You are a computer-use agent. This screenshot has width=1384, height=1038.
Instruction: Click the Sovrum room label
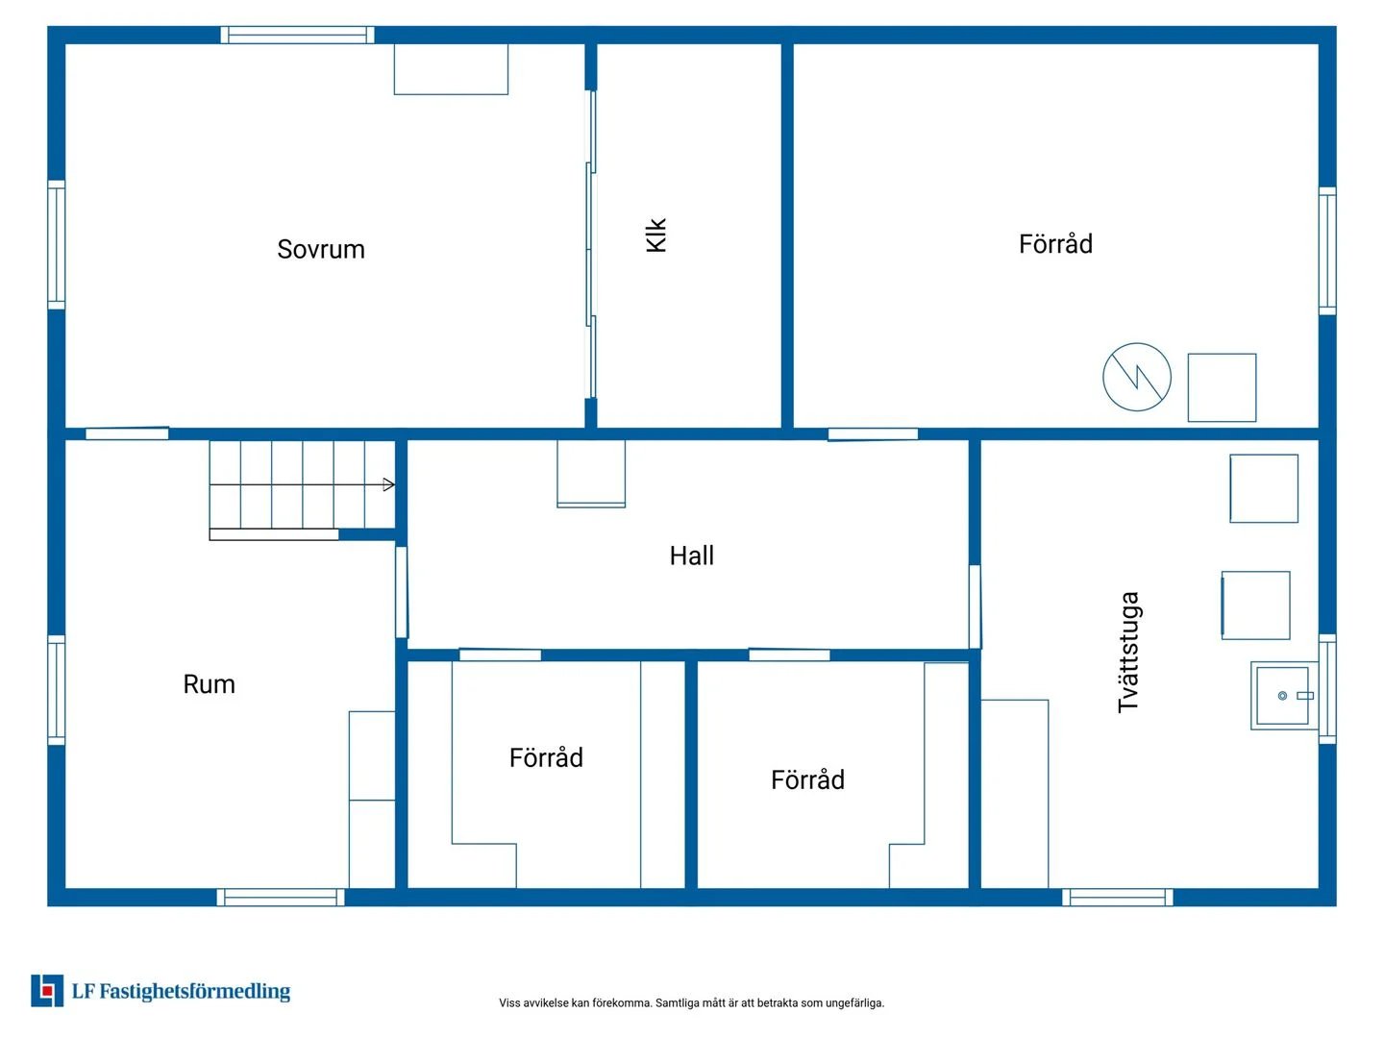pyautogui.click(x=320, y=249)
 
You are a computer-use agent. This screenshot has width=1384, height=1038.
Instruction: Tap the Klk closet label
pyautogui.click(x=655, y=235)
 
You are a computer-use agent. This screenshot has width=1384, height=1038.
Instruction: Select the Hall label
pyautogui.click(x=692, y=556)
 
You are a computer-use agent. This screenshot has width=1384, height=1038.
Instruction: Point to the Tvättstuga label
pyautogui.click(x=1128, y=653)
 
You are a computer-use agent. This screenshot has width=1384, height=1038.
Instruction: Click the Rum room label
pyautogui.click(x=209, y=683)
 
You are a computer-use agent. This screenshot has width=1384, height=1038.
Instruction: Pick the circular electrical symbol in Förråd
pyautogui.click(x=1136, y=377)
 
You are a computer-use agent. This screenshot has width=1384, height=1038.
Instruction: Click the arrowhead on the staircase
pyautogui.click(x=388, y=484)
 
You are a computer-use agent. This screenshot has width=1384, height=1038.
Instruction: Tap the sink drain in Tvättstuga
pyautogui.click(x=1282, y=696)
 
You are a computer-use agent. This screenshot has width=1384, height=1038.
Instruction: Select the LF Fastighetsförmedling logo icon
pyautogui.click(x=47, y=991)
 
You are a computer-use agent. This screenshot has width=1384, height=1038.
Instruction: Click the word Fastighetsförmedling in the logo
pyautogui.click(x=195, y=991)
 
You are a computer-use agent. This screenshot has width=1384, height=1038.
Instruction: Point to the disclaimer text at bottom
pyautogui.click(x=691, y=1002)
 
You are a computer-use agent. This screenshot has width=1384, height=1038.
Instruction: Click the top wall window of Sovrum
pyautogui.click(x=297, y=35)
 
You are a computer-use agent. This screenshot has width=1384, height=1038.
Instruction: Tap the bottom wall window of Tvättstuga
pyautogui.click(x=1117, y=897)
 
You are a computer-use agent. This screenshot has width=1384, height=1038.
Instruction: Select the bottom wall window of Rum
pyautogui.click(x=281, y=897)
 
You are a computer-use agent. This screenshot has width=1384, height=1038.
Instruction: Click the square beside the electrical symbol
pyautogui.click(x=1222, y=387)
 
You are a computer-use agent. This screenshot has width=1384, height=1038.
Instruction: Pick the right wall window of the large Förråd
pyautogui.click(x=1327, y=250)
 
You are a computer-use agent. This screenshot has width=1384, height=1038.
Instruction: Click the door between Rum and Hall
pyautogui.click(x=402, y=592)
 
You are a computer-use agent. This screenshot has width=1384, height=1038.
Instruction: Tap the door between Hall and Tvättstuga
pyautogui.click(x=975, y=606)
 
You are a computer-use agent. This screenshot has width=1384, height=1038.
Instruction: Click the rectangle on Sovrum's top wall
pyautogui.click(x=451, y=69)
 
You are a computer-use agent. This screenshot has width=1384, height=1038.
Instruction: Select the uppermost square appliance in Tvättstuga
pyautogui.click(x=1264, y=488)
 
